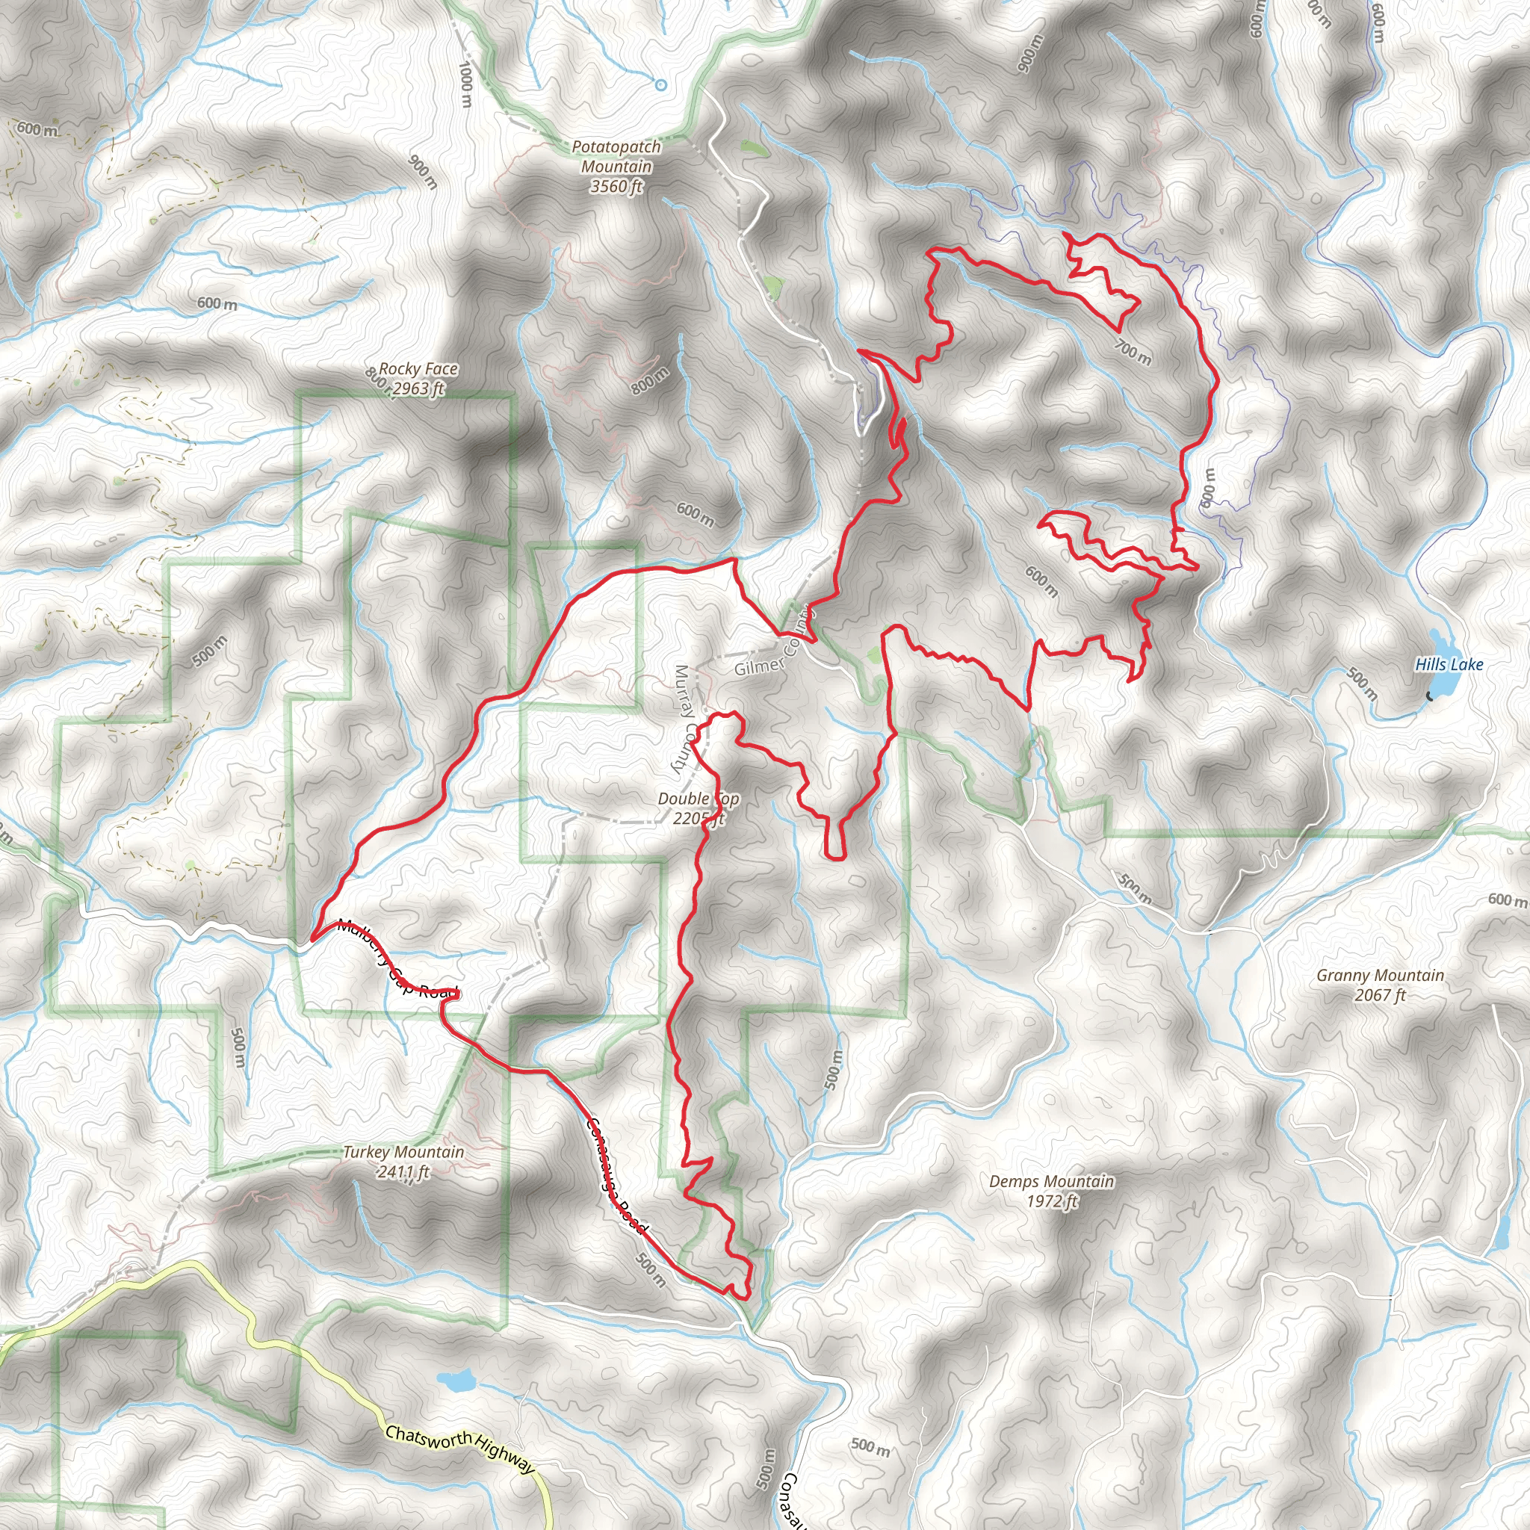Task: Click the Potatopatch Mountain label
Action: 616,157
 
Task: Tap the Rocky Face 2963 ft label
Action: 418,379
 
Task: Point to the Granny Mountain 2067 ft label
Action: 1380,985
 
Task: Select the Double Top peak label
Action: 698,799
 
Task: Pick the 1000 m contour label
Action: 465,84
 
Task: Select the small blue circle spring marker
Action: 660,84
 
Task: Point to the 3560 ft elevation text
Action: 616,187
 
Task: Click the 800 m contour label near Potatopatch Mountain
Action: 649,381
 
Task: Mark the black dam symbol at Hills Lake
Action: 1429,696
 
